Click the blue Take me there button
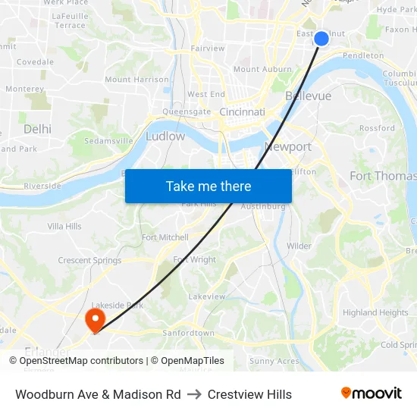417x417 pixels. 208,186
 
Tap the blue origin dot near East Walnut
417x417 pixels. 321,38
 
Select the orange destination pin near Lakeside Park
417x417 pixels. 95,319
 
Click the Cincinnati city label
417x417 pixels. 242,111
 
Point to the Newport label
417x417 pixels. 287,146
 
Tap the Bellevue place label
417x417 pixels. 308,96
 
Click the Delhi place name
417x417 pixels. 37,129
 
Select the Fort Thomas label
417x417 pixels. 382,176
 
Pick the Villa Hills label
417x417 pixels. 64,226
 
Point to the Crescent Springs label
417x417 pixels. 89,261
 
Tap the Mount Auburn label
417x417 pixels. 262,69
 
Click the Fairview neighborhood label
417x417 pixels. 208,49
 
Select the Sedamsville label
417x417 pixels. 108,141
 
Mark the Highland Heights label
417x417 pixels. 375,312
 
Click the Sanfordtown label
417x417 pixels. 189,333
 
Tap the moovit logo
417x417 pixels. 371,393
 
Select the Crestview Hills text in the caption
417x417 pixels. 249,394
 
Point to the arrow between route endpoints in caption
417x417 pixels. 194,394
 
